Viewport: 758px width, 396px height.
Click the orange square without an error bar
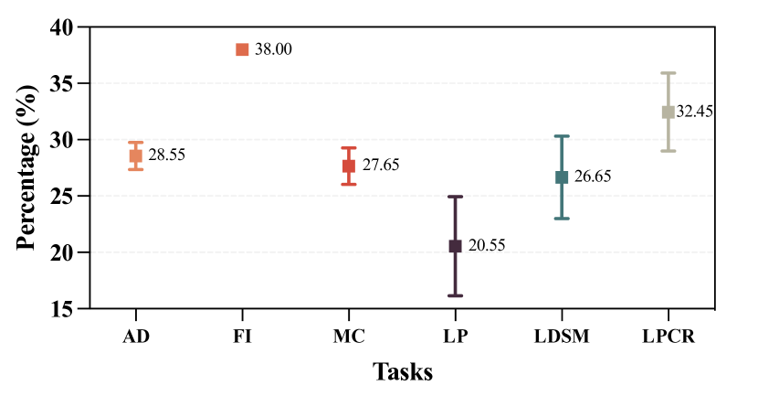click(x=242, y=49)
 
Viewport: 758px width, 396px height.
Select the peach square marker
click(x=135, y=155)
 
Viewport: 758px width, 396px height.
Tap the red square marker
click(x=349, y=166)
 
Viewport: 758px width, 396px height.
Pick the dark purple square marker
click(x=455, y=246)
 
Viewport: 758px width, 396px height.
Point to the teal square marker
click(x=562, y=177)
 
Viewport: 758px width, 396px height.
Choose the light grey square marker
click(x=669, y=112)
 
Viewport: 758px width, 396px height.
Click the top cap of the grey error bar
click(x=669, y=73)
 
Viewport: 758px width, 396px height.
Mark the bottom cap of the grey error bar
click(x=669, y=151)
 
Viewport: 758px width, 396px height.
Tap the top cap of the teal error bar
click(x=562, y=136)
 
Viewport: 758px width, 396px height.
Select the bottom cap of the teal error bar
click(x=562, y=219)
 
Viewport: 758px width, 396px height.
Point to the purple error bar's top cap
click(x=455, y=197)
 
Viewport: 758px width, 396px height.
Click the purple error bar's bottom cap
click(x=455, y=295)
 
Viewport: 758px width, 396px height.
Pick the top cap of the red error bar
click(x=349, y=148)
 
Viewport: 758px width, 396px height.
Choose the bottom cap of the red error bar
click(x=349, y=185)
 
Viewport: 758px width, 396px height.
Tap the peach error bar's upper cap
click(x=135, y=142)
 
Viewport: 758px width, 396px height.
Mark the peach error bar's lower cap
click(x=135, y=170)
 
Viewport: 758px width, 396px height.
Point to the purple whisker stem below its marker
click(x=455, y=274)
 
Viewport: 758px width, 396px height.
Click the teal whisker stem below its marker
click(x=562, y=202)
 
